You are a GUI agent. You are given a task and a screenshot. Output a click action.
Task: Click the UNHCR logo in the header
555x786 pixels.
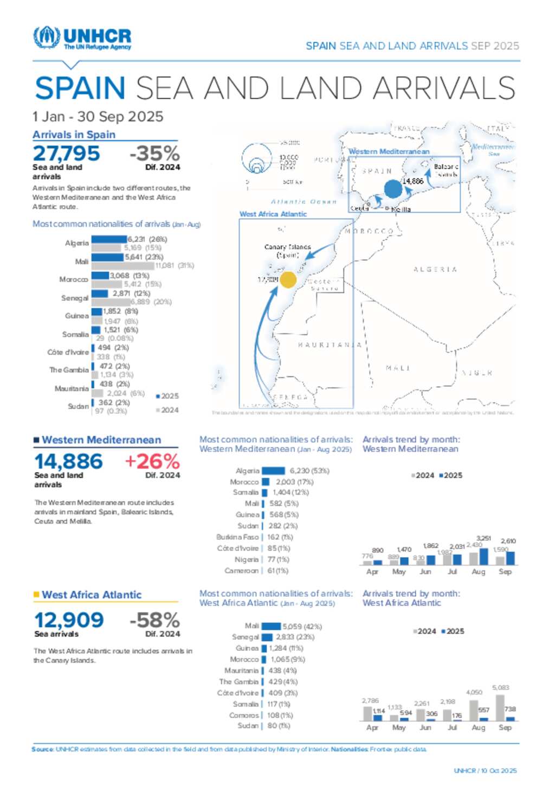82,38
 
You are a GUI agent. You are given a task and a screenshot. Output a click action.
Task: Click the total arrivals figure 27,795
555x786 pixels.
66,154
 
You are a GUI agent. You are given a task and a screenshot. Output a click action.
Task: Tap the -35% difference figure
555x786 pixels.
154,154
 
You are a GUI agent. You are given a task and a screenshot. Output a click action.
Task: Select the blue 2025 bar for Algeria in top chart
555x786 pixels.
109,239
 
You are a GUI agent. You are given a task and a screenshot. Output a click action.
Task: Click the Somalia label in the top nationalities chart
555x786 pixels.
75,335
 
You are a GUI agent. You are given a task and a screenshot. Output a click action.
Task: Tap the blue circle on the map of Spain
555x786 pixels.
393,189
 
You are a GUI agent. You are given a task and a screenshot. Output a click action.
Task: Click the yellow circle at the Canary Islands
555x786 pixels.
288,280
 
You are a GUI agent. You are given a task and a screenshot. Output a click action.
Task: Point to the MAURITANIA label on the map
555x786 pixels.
330,345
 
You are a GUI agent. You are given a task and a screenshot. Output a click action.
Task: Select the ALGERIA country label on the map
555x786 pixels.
435,270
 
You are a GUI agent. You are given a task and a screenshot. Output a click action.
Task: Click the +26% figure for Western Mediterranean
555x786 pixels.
152,462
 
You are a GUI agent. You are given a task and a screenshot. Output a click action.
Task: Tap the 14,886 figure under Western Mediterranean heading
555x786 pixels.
68,462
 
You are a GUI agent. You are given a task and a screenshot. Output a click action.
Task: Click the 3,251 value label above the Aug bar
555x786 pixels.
483,539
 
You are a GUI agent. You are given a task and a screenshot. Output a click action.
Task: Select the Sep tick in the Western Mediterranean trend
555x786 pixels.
505,572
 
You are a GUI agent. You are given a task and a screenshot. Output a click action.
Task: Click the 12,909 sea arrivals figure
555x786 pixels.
69,620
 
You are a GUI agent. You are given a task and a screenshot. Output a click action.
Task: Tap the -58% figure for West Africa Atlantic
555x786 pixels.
154,620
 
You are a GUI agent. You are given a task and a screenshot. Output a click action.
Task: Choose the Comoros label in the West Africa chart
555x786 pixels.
244,715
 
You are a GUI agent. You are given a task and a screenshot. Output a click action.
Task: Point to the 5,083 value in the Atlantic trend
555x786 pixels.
501,688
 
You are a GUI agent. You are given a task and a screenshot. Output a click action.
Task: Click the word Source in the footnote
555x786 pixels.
42,750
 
